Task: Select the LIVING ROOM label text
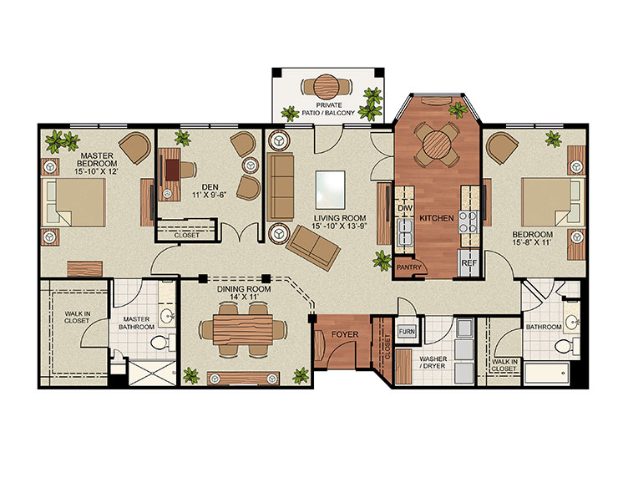333,219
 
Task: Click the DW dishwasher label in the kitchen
405,207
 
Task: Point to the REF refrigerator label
469,262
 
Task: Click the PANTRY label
409,268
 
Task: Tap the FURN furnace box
407,332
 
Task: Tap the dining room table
243,328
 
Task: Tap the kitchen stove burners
469,224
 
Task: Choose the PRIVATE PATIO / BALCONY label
327,109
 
